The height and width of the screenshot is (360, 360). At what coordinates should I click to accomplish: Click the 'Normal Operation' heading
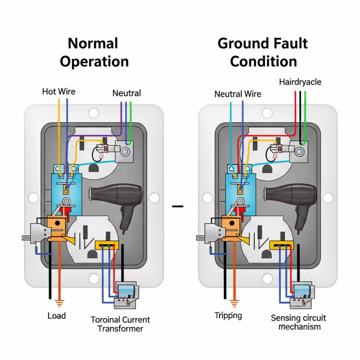[x=94, y=52]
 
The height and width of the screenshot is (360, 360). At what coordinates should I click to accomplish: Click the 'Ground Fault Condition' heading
[x=263, y=52]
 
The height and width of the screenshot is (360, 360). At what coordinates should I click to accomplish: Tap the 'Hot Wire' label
[x=59, y=92]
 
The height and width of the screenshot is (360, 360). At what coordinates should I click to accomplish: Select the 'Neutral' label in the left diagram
[x=126, y=94]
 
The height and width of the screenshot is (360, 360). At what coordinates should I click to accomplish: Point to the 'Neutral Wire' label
[x=238, y=94]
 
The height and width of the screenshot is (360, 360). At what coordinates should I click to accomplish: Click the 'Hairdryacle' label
[x=300, y=82]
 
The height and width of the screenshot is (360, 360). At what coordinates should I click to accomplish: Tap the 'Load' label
[x=57, y=315]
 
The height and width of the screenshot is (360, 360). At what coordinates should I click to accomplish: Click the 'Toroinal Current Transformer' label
[x=120, y=324]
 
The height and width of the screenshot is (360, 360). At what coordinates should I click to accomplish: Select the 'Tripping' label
[x=228, y=315]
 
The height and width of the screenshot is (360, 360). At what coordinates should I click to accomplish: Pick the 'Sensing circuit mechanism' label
[x=298, y=322]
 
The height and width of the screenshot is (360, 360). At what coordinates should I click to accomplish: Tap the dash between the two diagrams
[x=178, y=207]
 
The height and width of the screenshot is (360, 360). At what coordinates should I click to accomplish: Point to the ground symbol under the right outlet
[x=233, y=302]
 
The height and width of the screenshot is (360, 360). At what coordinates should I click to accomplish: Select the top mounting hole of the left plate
[x=94, y=113]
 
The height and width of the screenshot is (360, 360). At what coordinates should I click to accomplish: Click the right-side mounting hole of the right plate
[x=328, y=198]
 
